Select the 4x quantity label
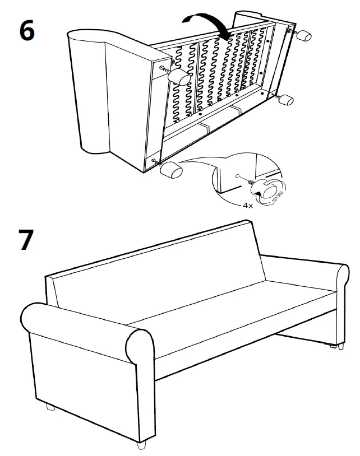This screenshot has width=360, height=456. (248, 206)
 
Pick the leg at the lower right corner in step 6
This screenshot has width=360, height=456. (286, 101)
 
